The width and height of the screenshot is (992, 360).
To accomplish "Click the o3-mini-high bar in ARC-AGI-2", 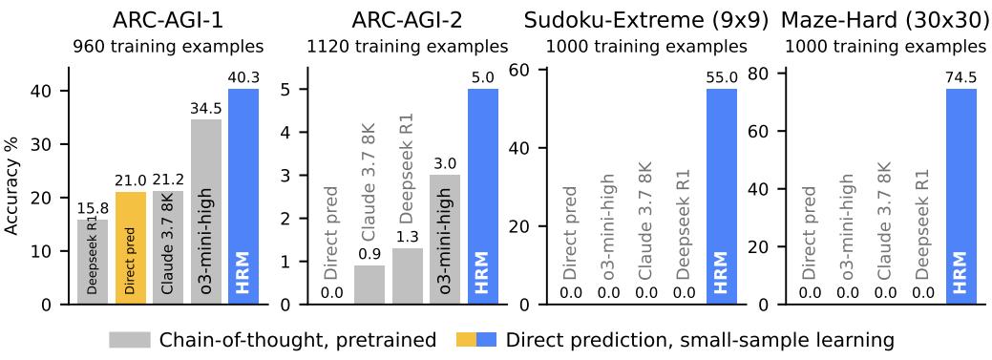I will click(x=446, y=240).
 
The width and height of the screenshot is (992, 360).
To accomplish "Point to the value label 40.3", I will click(x=243, y=78).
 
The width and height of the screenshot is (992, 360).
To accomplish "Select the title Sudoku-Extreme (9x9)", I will click(x=646, y=18).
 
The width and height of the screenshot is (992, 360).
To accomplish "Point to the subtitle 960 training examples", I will click(x=168, y=46).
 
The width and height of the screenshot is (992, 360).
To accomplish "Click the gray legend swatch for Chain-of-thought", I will click(x=130, y=340).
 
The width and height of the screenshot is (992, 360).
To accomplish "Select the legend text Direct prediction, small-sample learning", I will click(x=699, y=340).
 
